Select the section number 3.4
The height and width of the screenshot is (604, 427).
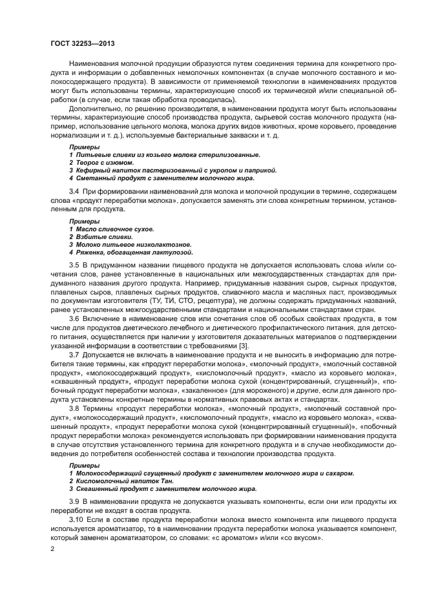pos(74,193)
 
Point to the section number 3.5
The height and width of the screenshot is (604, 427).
pos(74,266)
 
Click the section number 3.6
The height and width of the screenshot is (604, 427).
pos(74,319)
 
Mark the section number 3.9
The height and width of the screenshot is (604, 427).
pos(74,501)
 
